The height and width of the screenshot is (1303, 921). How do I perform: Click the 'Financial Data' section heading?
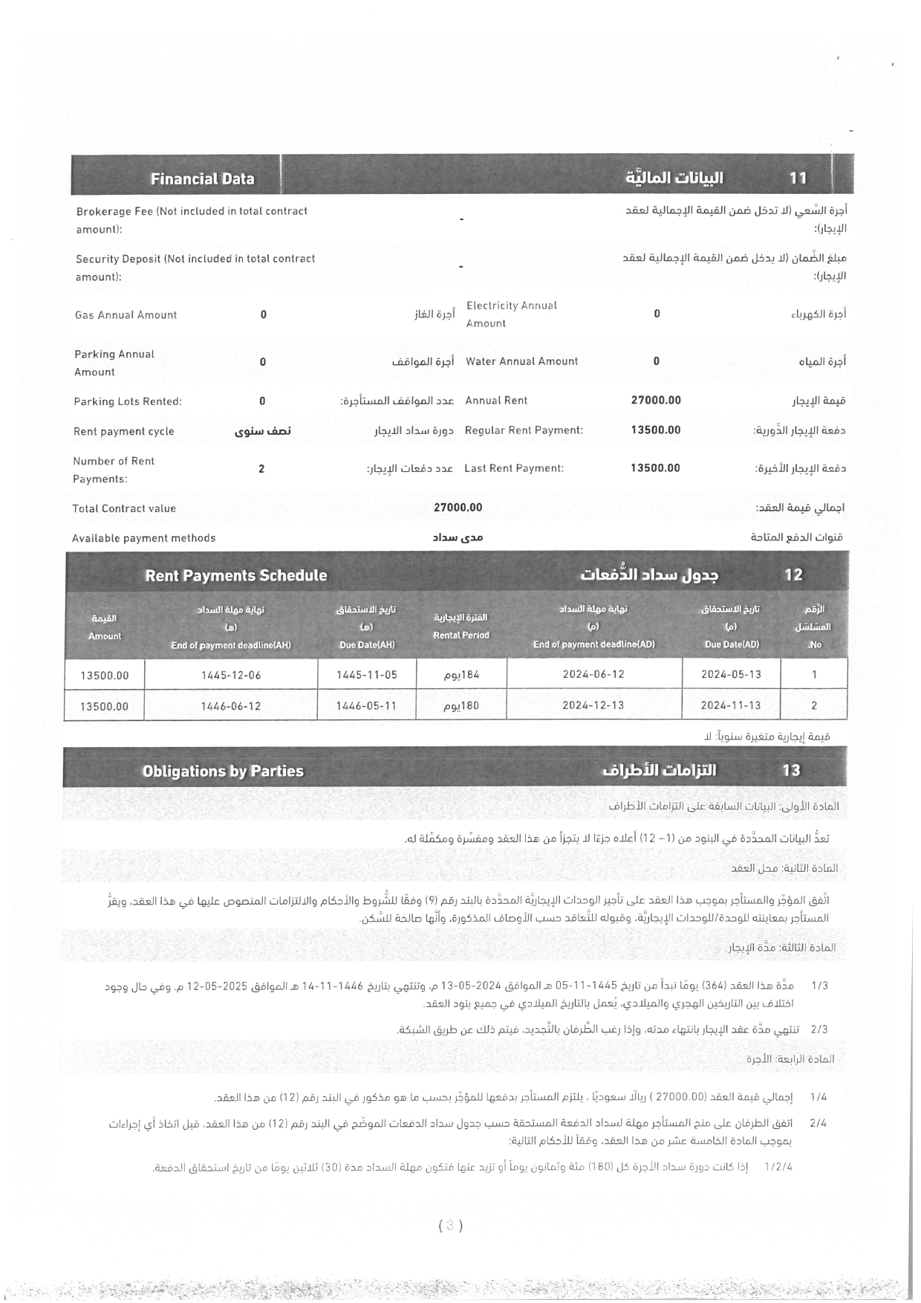click(202, 179)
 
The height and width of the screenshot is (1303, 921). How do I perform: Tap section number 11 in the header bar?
click(798, 178)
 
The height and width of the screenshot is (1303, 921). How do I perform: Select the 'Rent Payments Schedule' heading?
click(235, 576)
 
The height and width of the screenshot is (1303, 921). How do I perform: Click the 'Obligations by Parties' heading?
click(223, 771)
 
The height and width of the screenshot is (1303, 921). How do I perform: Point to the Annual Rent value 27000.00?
click(656, 401)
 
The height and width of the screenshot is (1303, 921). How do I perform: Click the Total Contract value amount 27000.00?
click(458, 508)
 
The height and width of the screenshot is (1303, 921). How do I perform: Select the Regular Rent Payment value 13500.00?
click(656, 430)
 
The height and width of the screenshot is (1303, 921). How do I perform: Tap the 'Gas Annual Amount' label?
click(126, 315)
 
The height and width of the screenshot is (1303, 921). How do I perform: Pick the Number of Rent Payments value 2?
click(261, 469)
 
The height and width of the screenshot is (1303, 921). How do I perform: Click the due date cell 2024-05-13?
click(731, 675)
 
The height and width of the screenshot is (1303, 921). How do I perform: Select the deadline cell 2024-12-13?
click(593, 705)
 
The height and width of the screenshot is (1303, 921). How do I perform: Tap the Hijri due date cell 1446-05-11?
click(366, 706)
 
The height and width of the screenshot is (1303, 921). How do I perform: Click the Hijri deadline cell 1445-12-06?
click(231, 676)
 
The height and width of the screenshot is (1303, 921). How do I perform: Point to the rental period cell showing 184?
click(461, 675)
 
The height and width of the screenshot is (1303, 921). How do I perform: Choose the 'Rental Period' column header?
click(461, 627)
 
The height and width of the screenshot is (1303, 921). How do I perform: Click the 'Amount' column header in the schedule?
click(105, 627)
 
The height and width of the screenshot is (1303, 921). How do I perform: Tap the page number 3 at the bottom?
click(450, 1226)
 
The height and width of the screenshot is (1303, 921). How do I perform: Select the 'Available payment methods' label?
click(144, 538)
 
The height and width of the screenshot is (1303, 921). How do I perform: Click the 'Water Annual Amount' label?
click(521, 362)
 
